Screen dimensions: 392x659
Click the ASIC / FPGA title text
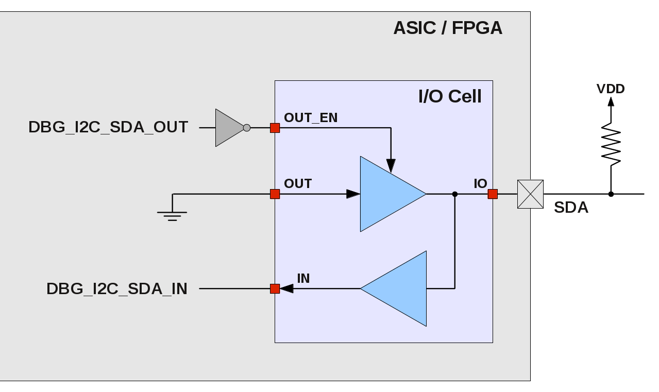pos(447,28)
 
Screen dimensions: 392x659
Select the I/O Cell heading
pos(450,96)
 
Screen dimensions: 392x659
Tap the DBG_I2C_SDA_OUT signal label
pos(108,127)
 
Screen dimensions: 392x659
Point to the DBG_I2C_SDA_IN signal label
pos(117,289)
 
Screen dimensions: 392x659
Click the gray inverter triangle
pos(228,128)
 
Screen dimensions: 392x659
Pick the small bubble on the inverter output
pos(247,128)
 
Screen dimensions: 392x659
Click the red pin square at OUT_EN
pos(275,128)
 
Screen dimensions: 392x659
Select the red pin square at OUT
pos(275,194)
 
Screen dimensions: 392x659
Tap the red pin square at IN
pos(275,289)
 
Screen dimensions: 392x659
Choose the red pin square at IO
pos(493,194)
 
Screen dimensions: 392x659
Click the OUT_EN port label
pos(311,117)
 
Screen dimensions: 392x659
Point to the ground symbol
pos(173,212)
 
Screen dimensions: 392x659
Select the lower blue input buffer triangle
pos(399,288)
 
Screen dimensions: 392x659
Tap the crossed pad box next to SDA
pos(530,194)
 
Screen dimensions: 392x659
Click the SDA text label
pos(571,208)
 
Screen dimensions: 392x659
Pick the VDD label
pos(611,89)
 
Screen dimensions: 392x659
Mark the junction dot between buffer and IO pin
pos(454,194)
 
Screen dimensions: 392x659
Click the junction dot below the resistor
pos(611,194)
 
